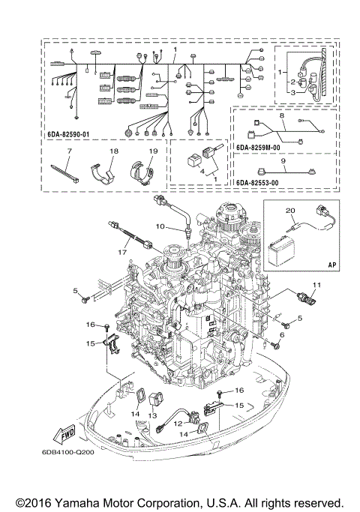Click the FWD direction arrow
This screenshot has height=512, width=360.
click(61, 433)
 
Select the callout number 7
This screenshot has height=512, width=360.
click(68, 151)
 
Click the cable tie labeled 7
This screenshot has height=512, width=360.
click(66, 171)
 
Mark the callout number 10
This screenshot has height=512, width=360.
click(160, 226)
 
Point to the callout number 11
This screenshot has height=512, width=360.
click(316, 284)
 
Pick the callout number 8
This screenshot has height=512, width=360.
click(282, 116)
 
